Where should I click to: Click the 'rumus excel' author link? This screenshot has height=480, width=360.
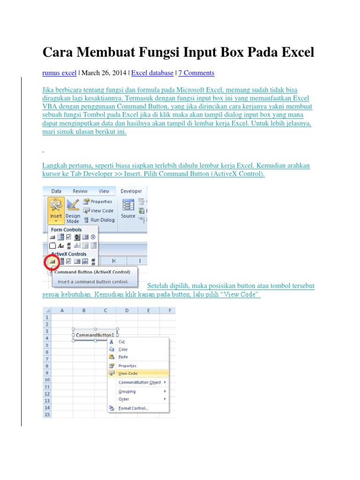coord(60,73)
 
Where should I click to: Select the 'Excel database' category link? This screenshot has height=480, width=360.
coord(152,73)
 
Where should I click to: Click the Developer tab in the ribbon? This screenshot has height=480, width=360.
coord(131,191)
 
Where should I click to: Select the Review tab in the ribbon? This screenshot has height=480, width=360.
coord(80,191)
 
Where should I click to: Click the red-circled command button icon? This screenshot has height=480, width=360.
coord(52,261)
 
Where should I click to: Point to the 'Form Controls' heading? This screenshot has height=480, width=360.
coord(66,230)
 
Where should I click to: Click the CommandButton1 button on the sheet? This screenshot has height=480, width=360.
coord(95,335)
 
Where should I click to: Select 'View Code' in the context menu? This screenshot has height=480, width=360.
coord(128,373)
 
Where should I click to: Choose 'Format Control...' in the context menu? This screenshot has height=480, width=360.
coord(133,408)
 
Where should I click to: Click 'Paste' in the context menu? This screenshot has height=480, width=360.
coord(123,357)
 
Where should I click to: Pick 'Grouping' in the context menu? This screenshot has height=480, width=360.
coord(127,391)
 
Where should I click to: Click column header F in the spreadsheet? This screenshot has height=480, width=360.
coord(169,310)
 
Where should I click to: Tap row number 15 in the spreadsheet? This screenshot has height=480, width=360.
coord(47,415)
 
